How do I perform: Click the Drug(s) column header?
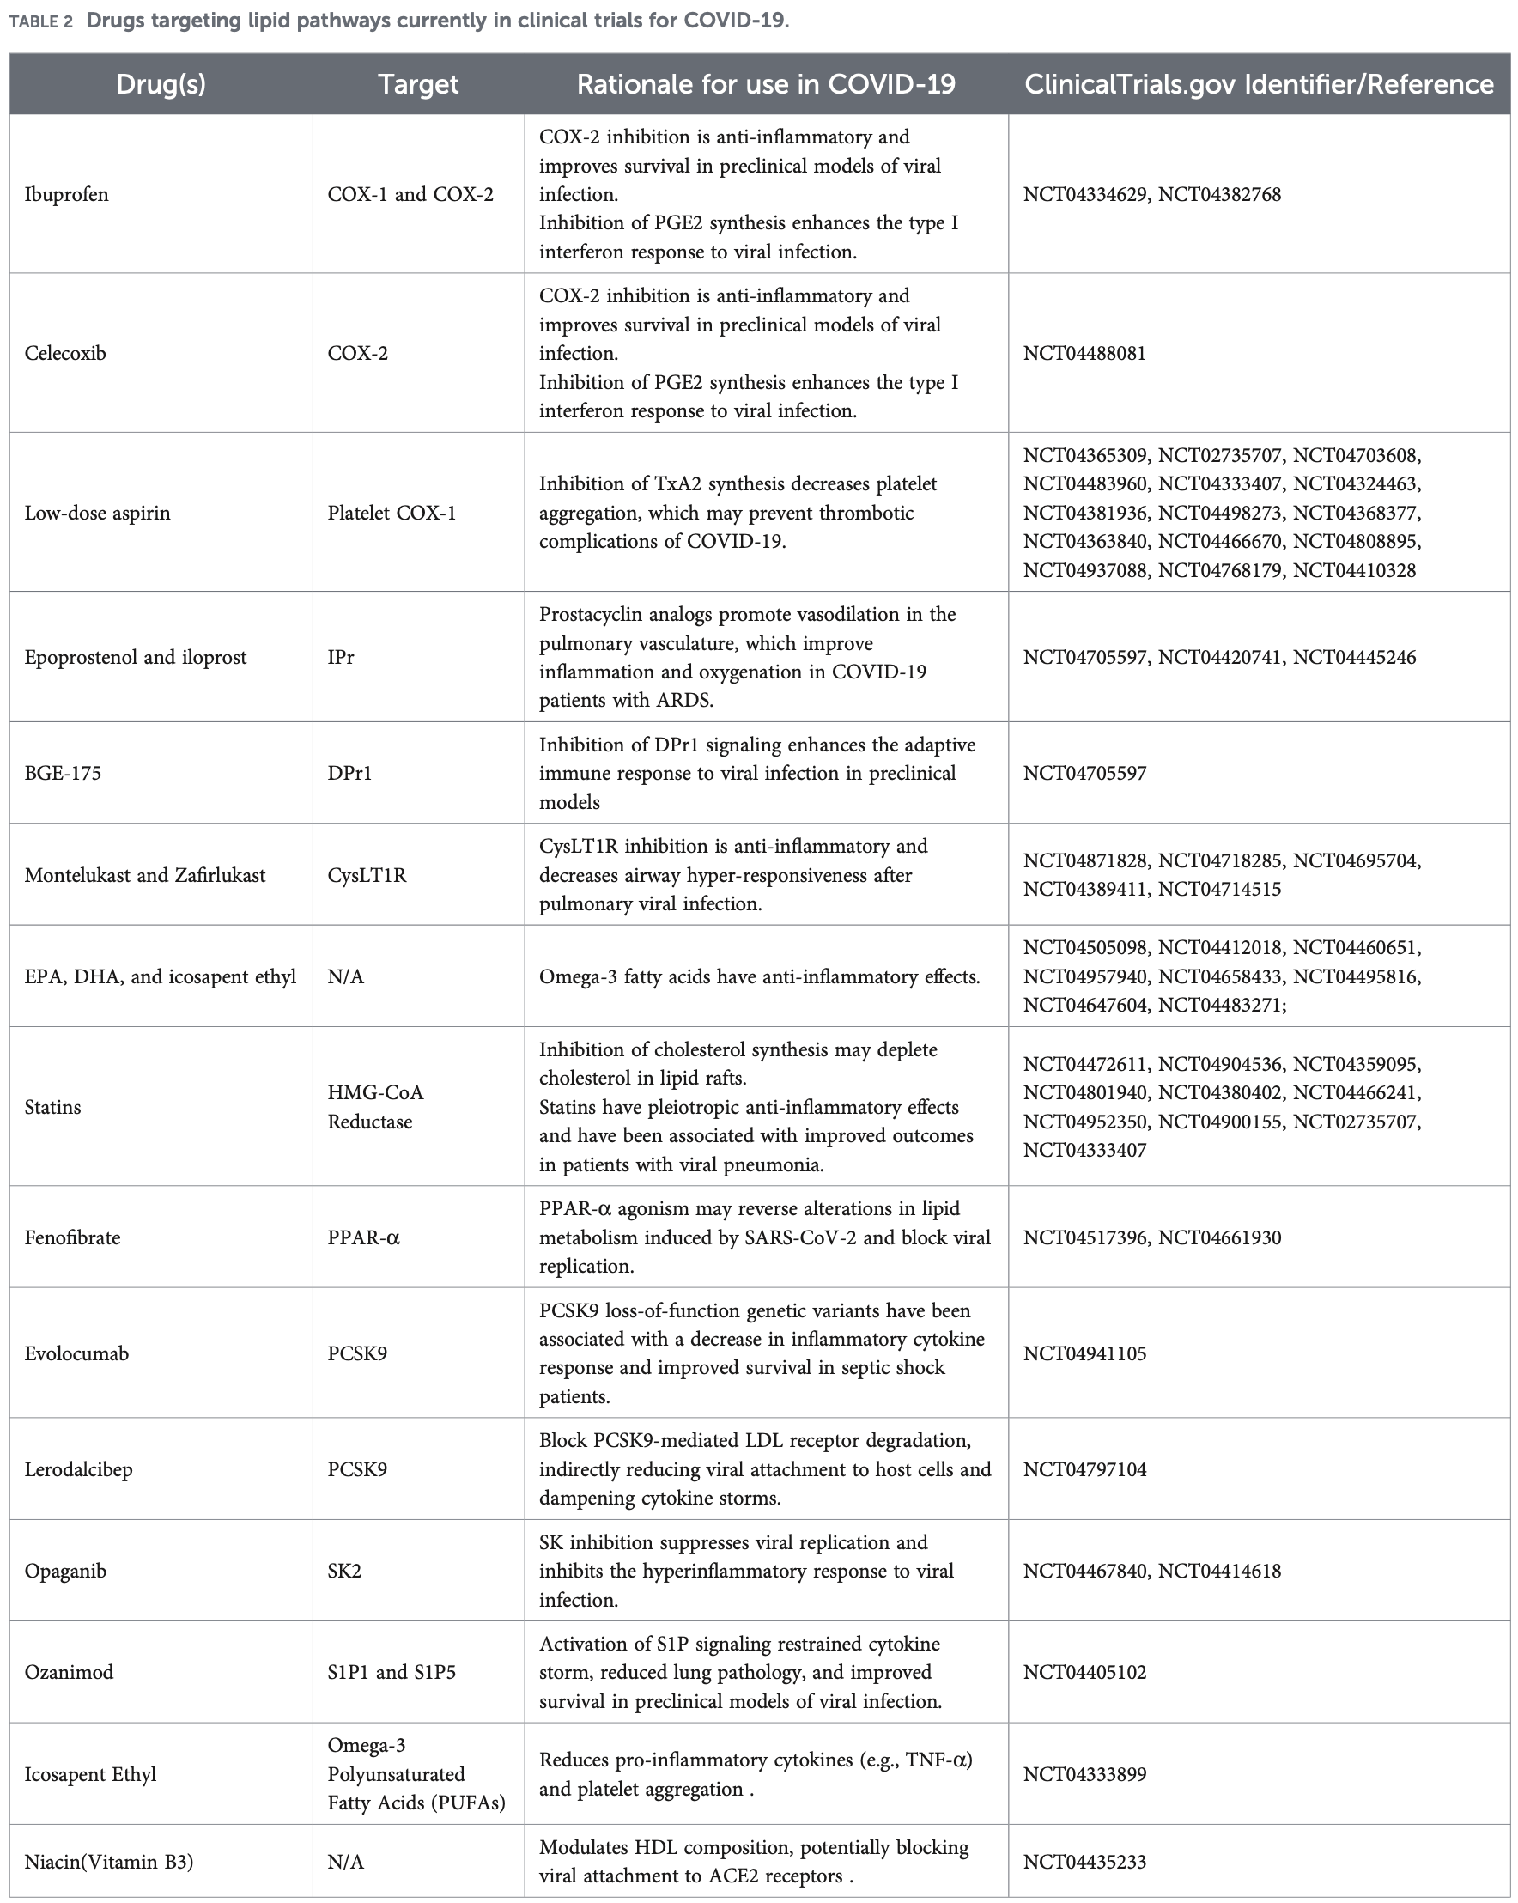click(x=161, y=84)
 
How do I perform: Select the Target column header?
click(x=417, y=84)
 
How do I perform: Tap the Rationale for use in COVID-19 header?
click(x=765, y=84)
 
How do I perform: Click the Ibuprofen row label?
click(x=66, y=194)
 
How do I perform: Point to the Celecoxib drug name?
click(x=65, y=353)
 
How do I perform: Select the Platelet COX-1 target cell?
click(x=391, y=513)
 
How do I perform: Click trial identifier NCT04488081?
click(x=1084, y=353)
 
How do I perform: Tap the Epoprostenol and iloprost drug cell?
click(x=135, y=657)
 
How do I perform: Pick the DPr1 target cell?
click(x=349, y=773)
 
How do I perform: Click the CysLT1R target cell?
click(x=367, y=875)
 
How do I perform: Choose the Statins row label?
click(x=52, y=1107)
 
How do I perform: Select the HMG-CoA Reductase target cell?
click(x=375, y=1107)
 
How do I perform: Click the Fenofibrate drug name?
click(x=72, y=1237)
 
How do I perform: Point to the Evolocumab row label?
click(x=76, y=1353)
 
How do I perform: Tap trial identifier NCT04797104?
click(x=1084, y=1469)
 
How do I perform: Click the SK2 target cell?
click(x=344, y=1571)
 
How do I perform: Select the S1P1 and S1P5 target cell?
click(x=391, y=1672)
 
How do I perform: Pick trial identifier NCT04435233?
click(x=1084, y=1862)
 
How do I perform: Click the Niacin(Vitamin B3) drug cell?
click(x=108, y=1862)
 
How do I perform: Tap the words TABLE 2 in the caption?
click(x=40, y=21)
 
